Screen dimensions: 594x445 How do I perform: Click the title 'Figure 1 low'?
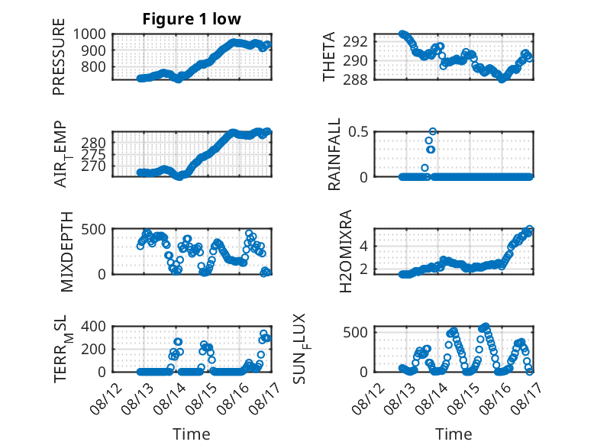coord(192,19)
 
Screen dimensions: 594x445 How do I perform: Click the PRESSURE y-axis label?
coord(59,56)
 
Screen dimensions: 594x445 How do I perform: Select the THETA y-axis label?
coord(329,56)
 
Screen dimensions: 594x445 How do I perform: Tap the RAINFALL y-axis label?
coord(334,154)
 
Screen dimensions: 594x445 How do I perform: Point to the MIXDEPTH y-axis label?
coord(66,252)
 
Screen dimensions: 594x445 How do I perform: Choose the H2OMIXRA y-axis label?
coord(346,251)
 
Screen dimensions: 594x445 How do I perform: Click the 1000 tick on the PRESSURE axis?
coord(89,34)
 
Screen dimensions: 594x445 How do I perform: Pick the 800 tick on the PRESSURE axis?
coord(94,66)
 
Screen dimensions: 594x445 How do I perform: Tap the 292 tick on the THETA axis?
coord(355,41)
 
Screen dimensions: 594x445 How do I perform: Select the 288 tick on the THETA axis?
coord(355,79)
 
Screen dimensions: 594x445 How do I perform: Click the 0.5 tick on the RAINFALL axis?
coord(358,132)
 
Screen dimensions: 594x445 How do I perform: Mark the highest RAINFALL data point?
coord(433,131)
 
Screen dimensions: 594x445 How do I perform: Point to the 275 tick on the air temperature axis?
coord(94,154)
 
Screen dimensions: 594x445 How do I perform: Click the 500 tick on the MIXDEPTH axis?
coord(94,229)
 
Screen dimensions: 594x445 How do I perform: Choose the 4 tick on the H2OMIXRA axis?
coord(363,247)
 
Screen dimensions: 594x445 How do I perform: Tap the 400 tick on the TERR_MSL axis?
coord(94,326)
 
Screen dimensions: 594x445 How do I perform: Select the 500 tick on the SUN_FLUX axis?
coord(355,333)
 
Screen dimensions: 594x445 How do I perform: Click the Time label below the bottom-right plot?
coord(454,434)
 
